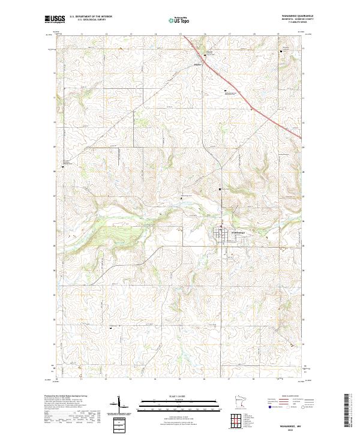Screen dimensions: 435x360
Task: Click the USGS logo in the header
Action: [x=54, y=19]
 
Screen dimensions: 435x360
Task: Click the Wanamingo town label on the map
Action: [x=239, y=232]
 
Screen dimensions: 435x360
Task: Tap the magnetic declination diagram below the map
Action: [x=121, y=409]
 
